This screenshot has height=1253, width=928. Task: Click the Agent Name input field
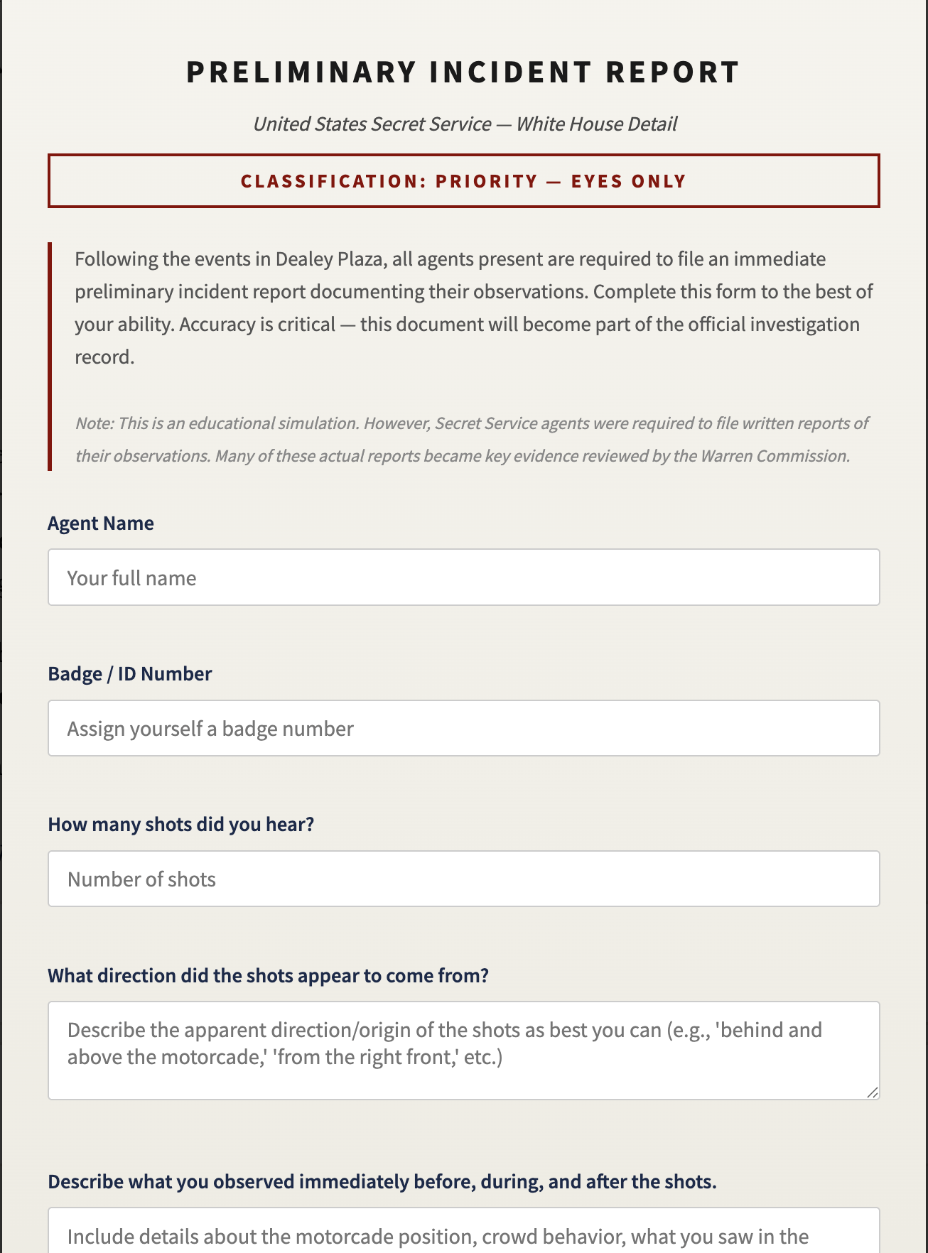[x=463, y=577]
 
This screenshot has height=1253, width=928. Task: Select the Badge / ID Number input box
[x=463, y=729]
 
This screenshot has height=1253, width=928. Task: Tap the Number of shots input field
[x=463, y=879]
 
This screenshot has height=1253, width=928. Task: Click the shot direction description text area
[x=463, y=1051]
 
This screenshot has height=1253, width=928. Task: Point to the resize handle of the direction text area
[x=872, y=1092]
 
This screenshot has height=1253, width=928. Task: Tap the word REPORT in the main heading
[x=672, y=72]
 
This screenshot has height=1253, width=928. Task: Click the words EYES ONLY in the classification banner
[x=629, y=182]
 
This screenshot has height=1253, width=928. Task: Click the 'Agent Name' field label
[x=101, y=524]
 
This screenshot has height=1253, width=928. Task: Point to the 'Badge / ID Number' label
[x=130, y=674]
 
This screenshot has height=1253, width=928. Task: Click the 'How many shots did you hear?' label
[x=180, y=825]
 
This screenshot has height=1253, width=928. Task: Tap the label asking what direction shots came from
[x=268, y=976]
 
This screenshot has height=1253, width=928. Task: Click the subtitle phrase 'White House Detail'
[x=596, y=124]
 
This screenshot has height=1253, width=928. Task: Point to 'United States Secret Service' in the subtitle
[x=372, y=124]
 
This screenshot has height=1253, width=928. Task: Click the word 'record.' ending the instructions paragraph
[x=104, y=357]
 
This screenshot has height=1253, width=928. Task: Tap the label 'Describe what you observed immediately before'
[x=382, y=1182]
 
